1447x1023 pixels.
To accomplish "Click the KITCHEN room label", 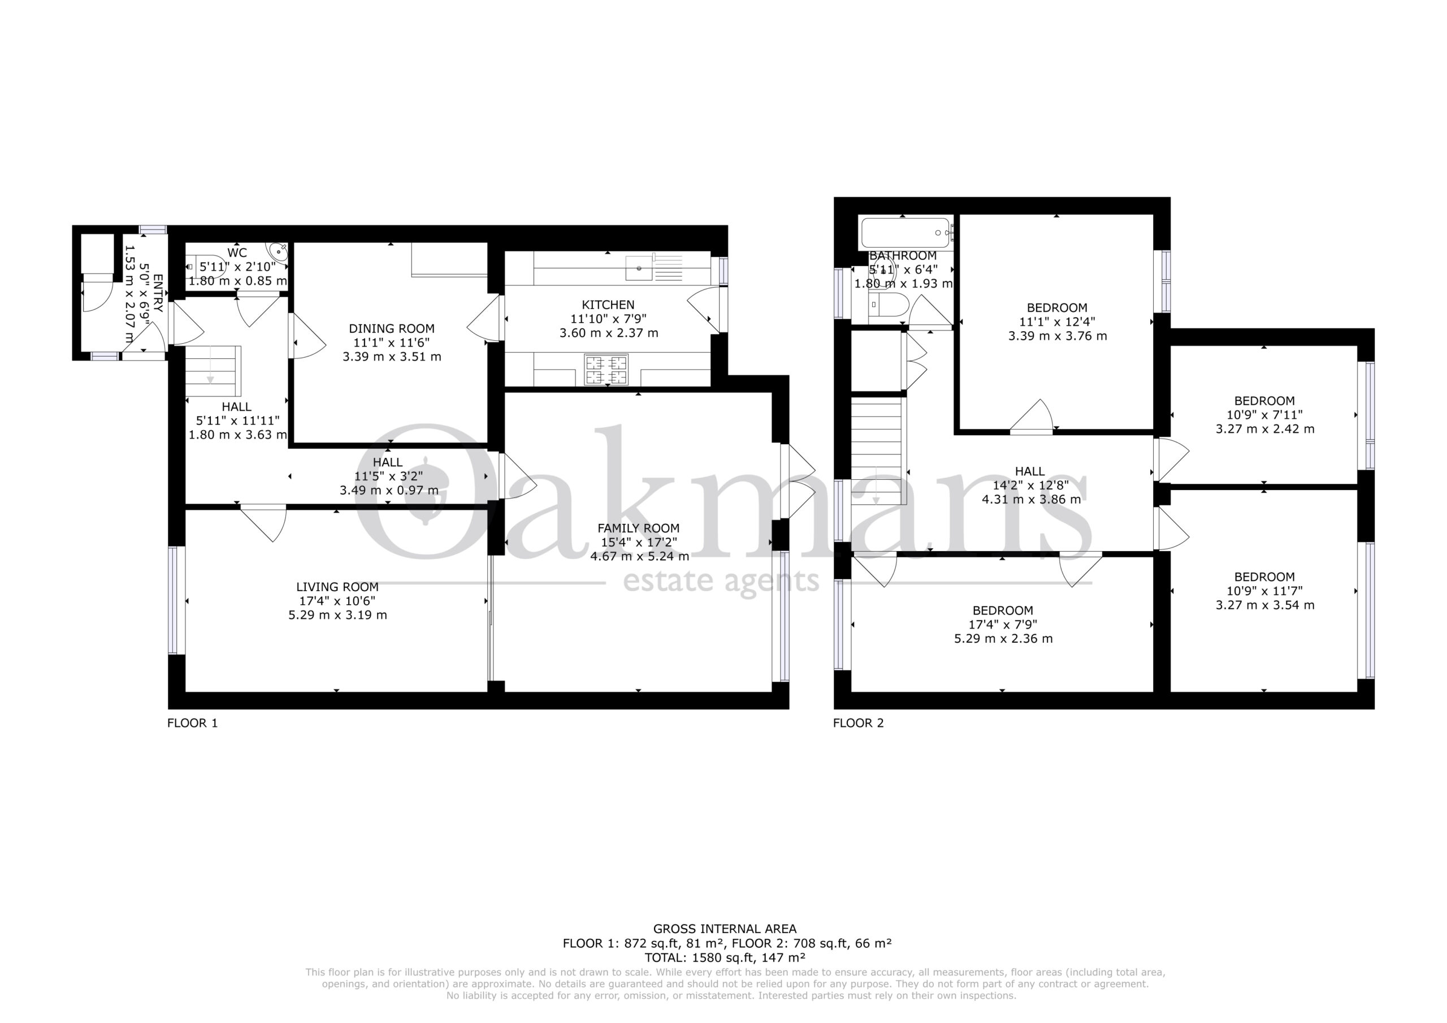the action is click(608, 305).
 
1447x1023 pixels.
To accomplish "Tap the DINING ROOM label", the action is click(391, 328).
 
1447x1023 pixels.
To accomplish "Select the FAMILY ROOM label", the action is click(638, 528).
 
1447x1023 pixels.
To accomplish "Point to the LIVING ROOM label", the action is click(337, 587).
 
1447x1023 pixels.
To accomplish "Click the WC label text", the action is click(237, 253).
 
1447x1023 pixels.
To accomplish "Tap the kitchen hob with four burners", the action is click(606, 370).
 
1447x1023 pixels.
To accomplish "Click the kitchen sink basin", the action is click(639, 268).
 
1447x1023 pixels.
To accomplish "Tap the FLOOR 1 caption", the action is click(192, 723).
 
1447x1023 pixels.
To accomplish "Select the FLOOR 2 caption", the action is click(859, 723).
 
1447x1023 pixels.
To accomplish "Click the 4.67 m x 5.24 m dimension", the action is click(639, 557).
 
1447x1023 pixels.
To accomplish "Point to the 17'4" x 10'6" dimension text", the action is click(337, 601).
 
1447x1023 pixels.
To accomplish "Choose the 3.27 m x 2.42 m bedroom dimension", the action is click(1264, 429).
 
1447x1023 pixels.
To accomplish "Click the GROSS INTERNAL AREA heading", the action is click(724, 929).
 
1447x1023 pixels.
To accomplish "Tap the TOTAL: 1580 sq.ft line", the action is click(724, 957).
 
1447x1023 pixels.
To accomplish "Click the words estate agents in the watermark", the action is click(721, 580).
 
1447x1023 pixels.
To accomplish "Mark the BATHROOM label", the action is click(903, 256).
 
